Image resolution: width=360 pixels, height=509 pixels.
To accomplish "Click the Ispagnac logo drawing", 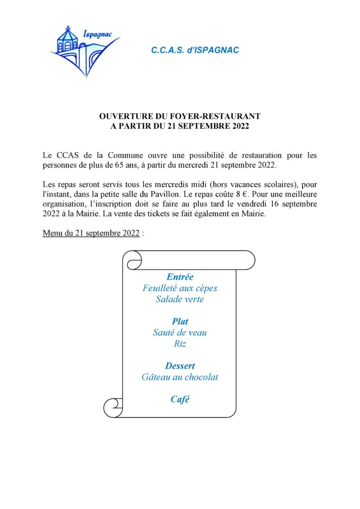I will (82, 50).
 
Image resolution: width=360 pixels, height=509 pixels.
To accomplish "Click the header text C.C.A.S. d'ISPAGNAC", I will (195, 50).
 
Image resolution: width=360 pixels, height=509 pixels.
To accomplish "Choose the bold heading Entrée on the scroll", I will (180, 277).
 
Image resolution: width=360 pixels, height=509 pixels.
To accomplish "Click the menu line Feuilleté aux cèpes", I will (180, 288).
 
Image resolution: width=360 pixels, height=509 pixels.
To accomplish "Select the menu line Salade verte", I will (180, 299).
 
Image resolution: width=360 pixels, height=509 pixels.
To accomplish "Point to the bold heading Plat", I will (180, 322).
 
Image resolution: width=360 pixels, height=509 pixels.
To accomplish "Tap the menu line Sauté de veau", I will (180, 333).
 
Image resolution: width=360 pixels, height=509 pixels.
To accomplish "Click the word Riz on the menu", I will (180, 343).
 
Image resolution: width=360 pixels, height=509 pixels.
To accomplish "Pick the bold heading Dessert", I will (180, 366).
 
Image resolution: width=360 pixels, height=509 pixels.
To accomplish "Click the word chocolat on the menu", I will (201, 377).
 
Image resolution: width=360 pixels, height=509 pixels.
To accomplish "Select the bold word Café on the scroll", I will (180, 399).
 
